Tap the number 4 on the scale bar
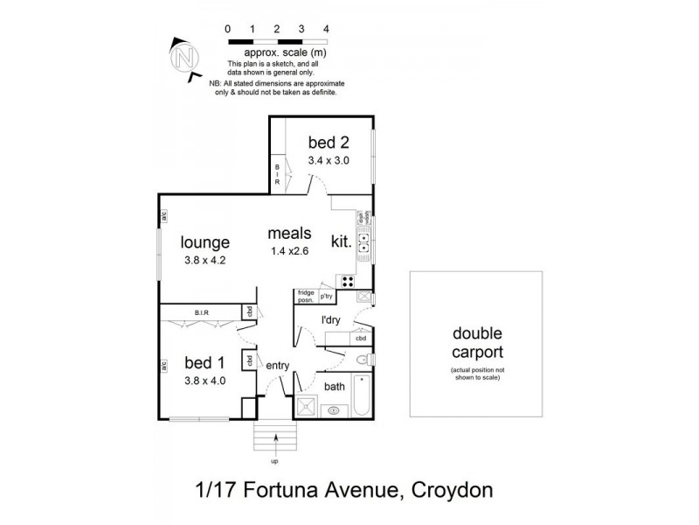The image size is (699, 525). [326, 29]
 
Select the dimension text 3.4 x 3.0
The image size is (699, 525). [327, 161]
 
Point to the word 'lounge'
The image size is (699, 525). [205, 242]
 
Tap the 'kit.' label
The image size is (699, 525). [341, 242]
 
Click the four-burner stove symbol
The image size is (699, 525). [346, 282]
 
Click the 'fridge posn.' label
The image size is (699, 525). [306, 297]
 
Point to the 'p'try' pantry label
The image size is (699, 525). [328, 296]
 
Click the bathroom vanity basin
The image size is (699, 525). [334, 409]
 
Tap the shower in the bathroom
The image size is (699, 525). [307, 405]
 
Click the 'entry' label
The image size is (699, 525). [277, 366]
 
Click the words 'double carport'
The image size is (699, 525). [475, 344]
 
